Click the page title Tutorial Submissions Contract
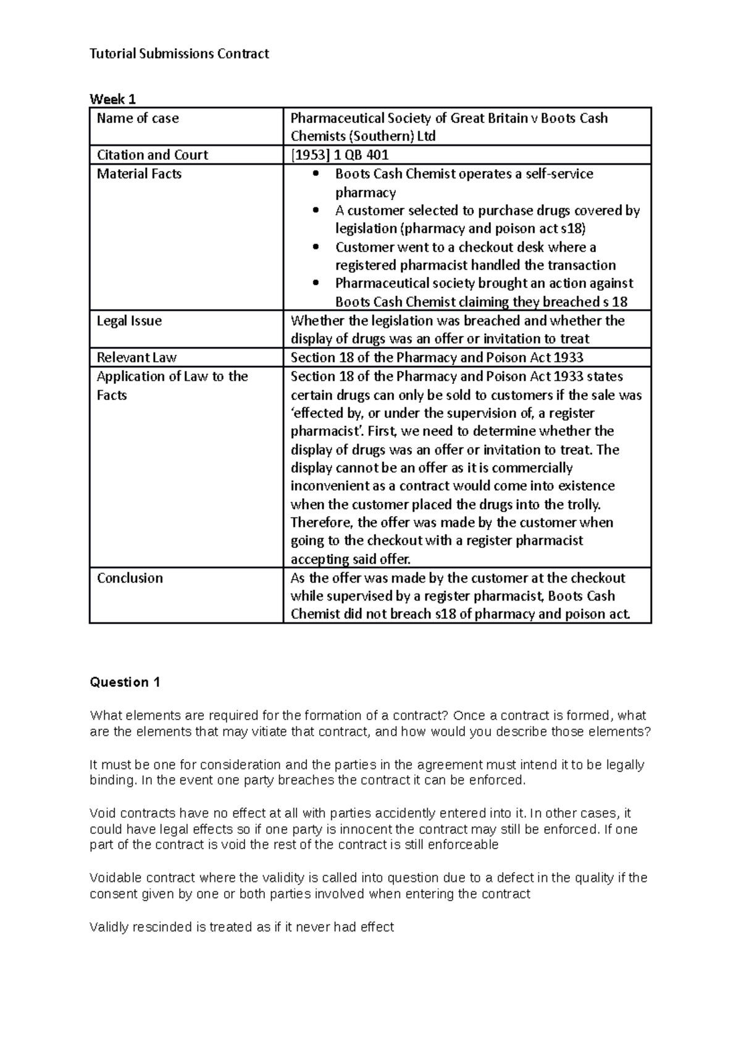pos(179,54)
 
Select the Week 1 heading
pos(112,99)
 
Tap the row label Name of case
pos(138,118)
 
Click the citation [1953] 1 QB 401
pos(340,155)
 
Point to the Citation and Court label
pos(153,155)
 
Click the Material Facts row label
pos(139,174)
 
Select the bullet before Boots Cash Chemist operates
pos(317,175)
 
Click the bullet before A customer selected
pos(317,211)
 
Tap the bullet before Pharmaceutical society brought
pos(317,284)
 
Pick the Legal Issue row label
pos(129,321)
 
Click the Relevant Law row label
pos(136,357)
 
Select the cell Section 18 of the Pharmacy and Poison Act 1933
pos(437,357)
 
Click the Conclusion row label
pos(130,578)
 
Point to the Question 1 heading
pos(125,682)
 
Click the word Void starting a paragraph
pos(102,813)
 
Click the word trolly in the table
pos(584,505)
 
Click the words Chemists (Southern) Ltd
pos(363,136)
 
